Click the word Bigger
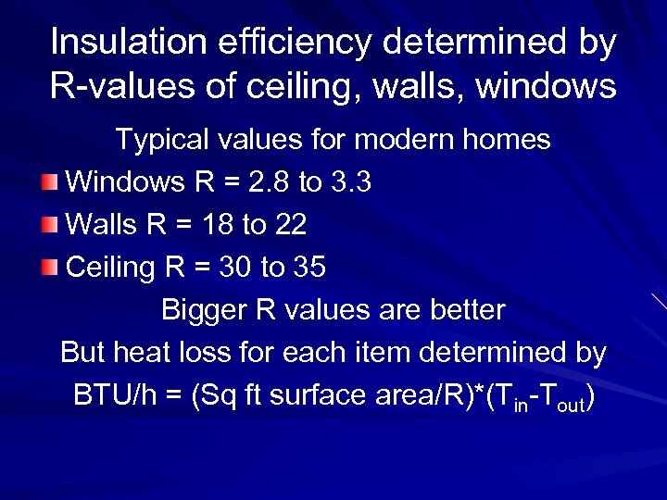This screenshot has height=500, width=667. click(206, 310)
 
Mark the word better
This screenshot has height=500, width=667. click(466, 310)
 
